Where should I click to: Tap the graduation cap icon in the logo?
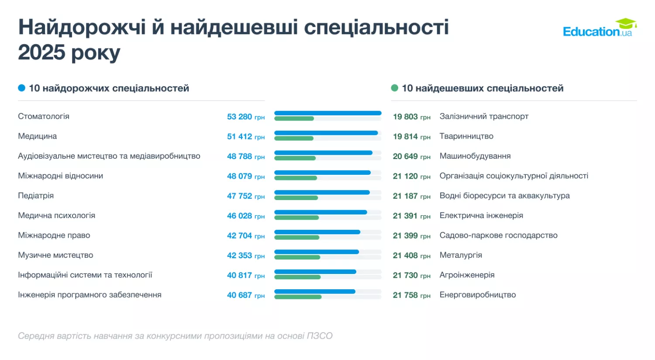coord(626,23)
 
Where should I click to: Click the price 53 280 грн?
coord(245,117)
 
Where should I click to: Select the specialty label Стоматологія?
coord(44,116)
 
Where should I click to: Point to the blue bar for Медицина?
coord(326,133)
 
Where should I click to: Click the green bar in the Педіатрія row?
coord(296,198)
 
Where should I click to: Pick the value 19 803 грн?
coord(411,117)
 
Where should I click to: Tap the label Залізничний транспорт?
coord(484,116)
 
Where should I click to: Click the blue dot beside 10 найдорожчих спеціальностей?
coord(21,88)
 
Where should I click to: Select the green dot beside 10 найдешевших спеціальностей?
coord(395,88)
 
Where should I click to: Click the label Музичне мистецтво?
coord(55,255)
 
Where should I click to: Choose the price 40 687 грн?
coord(245,295)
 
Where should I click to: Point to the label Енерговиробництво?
coord(478,295)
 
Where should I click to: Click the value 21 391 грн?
coord(411,216)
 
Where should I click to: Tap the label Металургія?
coord(461,255)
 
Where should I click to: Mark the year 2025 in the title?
coord(41,52)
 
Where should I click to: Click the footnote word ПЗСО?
coord(319,336)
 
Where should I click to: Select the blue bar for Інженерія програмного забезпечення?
coord(314,291)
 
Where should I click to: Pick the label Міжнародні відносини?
coord(60,176)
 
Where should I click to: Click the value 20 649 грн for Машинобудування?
coord(411,156)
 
